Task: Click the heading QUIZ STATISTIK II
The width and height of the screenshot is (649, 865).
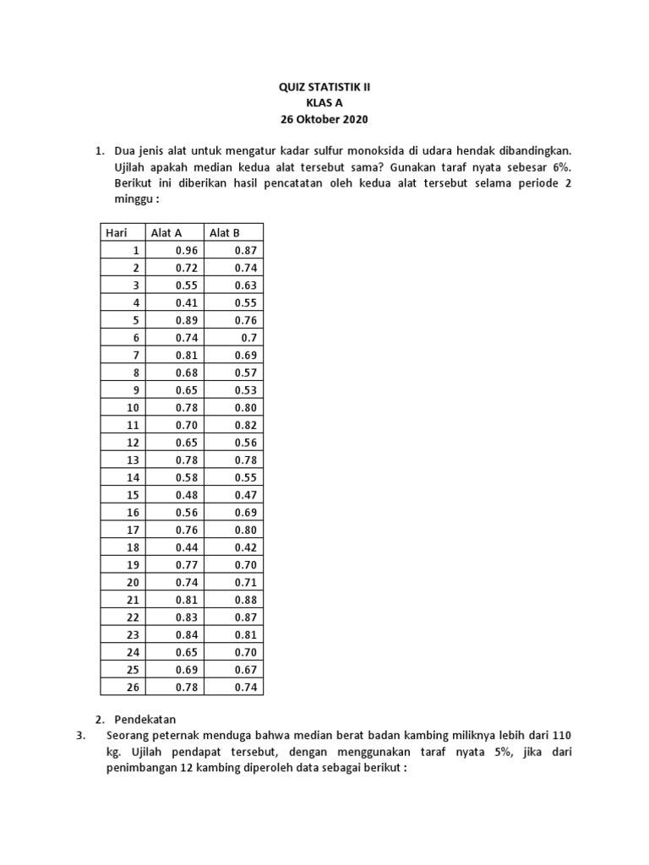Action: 324,86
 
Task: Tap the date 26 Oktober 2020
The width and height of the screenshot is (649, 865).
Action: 324,118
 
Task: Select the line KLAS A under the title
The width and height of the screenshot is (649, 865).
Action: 324,102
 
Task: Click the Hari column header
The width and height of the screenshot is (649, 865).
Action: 114,232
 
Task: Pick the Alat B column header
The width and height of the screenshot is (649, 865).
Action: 225,232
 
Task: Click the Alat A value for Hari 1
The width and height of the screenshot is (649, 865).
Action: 186,251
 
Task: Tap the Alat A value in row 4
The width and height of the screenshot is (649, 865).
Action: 186,302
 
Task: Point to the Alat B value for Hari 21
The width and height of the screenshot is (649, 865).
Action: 244,600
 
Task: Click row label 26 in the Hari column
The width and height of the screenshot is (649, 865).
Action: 132,686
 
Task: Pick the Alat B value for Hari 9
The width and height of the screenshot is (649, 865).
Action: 244,389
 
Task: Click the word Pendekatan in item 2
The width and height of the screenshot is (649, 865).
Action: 145,720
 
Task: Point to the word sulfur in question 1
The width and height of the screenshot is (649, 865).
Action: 292,150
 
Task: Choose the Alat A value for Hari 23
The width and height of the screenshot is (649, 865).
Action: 186,634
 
